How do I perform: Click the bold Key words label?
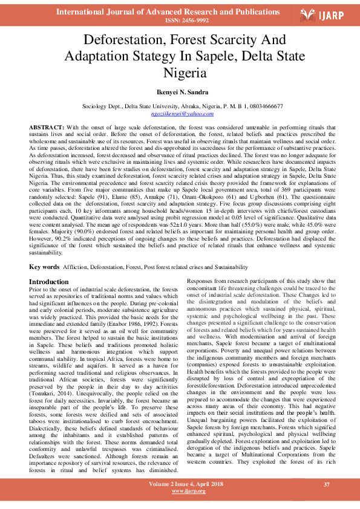[x=44, y=267]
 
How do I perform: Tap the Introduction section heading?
[x=49, y=282]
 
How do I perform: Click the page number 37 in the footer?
[x=327, y=485]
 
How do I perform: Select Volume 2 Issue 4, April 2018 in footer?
[x=179, y=485]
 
